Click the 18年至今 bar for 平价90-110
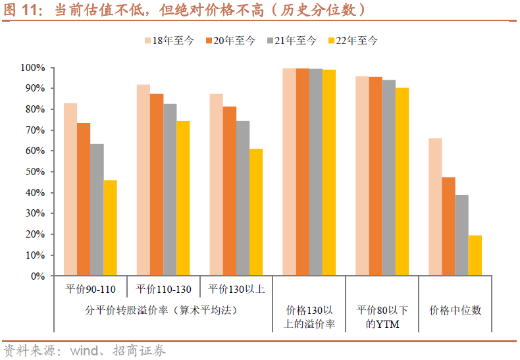70,190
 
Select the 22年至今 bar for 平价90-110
110,228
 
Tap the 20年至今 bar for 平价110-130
157,185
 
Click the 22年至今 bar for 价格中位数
475,255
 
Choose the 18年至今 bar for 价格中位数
435,207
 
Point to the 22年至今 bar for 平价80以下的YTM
402,182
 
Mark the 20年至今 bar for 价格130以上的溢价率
302,172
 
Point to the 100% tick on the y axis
32,68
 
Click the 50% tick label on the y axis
34,172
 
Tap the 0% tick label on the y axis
37,276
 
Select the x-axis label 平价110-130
163,289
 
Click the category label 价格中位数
455,309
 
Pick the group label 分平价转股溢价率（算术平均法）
161,309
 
